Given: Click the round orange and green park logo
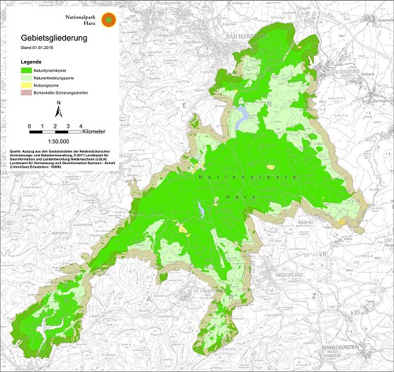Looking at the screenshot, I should [108, 19].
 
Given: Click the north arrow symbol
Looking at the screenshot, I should [59, 109].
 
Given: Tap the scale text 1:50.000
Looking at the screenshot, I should [59, 142].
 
